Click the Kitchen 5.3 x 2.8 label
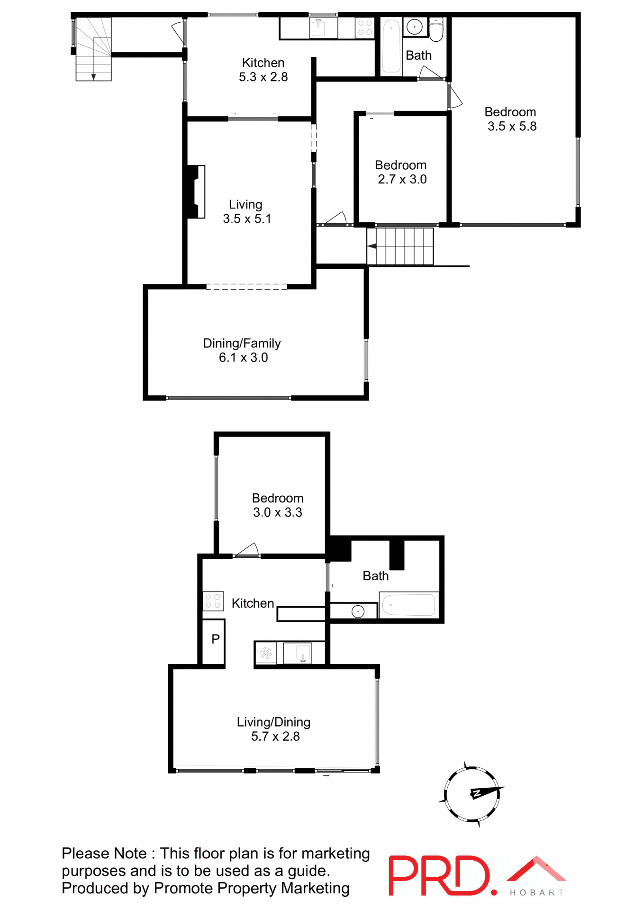pyautogui.click(x=263, y=70)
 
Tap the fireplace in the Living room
pyautogui.click(x=196, y=191)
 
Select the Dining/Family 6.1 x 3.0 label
pyautogui.click(x=242, y=350)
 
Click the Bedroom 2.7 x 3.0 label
pyautogui.click(x=401, y=172)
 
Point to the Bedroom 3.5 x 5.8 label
pyautogui.click(x=511, y=119)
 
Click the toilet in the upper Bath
pyautogui.click(x=436, y=30)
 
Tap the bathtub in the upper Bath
pyautogui.click(x=391, y=46)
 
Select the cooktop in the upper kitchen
pyautogui.click(x=364, y=28)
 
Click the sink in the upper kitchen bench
pyautogui.click(x=318, y=28)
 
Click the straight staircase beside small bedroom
pyautogui.click(x=400, y=246)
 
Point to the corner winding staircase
pyautogui.click(x=94, y=49)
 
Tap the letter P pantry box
pyautogui.click(x=215, y=639)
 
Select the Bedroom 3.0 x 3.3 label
pyautogui.click(x=278, y=505)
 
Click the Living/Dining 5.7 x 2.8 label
pyautogui.click(x=274, y=729)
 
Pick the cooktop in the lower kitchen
pyautogui.click(x=213, y=601)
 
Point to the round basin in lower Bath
pyautogui.click(x=358, y=611)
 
